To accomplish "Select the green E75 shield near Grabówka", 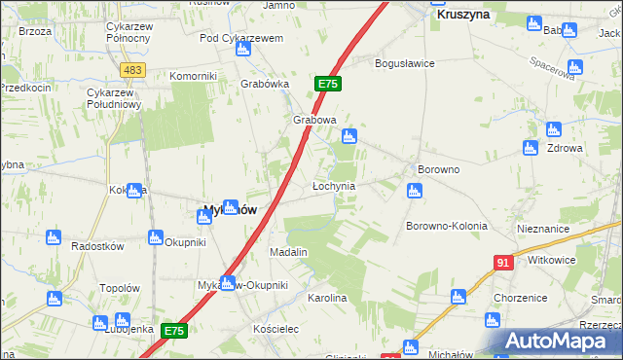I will pyautogui.click(x=327, y=85).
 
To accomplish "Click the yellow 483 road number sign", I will pyautogui.click(x=133, y=70).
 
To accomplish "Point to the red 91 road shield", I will pyautogui.click(x=503, y=263).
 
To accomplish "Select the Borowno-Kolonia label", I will pyautogui.click(x=445, y=226).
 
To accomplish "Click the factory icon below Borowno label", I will pyautogui.click(x=414, y=191).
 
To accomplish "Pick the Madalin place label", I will pyautogui.click(x=288, y=251).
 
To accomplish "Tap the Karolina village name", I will pyautogui.click(x=327, y=298).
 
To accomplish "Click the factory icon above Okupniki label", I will pyautogui.click(x=154, y=235).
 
